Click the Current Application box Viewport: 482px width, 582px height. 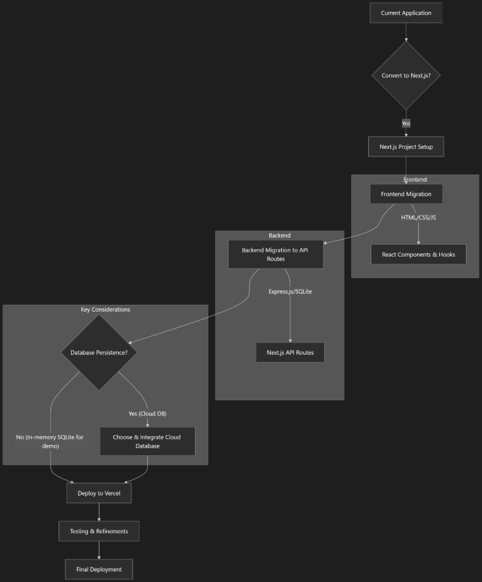tap(406, 13)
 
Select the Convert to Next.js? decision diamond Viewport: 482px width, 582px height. tap(406, 76)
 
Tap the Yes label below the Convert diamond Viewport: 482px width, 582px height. tap(406, 123)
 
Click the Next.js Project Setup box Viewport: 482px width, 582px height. tap(406, 147)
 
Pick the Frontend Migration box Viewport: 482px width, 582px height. tap(406, 194)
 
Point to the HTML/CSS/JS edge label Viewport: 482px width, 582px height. tap(418, 217)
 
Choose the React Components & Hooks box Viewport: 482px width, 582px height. tap(418, 254)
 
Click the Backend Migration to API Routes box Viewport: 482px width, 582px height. tap(275, 254)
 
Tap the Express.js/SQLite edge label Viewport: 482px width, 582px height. tap(290, 291)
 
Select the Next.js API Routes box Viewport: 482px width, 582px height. tap(290, 353)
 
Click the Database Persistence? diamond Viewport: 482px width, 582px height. tap(99, 353)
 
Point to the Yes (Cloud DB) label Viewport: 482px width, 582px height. tap(147, 414)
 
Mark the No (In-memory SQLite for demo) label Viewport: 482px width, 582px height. tap(50, 441)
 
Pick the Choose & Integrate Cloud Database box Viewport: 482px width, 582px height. tap(147, 441)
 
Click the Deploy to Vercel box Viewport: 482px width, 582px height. tap(99, 493)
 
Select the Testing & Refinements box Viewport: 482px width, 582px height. tap(99, 531)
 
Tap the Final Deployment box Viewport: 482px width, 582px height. tap(99, 569)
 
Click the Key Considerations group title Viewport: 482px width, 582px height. tap(105, 309)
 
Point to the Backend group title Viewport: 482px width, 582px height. tap(279, 235)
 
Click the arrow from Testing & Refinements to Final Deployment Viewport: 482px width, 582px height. tap(99, 550)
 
